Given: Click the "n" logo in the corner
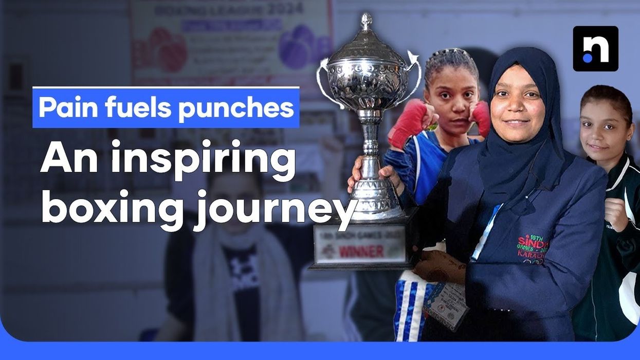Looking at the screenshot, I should point(595,48).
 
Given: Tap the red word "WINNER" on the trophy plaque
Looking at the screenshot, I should point(361,251).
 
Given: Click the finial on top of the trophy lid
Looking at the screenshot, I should point(366,22).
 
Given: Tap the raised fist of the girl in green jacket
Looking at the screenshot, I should point(616,213).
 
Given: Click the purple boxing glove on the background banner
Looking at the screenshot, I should point(297,47).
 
